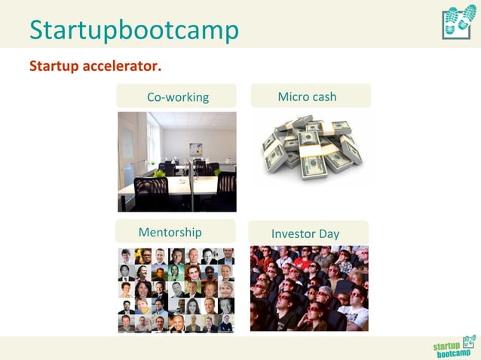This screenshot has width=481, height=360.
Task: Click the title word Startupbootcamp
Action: pos(134,29)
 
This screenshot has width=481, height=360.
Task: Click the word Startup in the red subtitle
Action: pos(56,66)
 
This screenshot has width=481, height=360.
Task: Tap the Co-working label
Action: pos(177,97)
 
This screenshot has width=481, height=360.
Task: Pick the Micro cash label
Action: pos(307,96)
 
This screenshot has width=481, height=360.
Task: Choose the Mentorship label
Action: pos(170,232)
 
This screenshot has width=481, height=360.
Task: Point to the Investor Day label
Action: pos(305,233)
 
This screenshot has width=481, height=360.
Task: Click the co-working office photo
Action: pos(176,161)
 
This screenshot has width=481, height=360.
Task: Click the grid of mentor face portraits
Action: pos(176,290)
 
